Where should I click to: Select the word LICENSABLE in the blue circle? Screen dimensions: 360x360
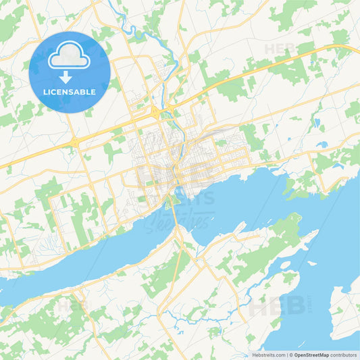tap(70, 92)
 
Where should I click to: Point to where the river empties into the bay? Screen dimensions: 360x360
tap(176, 188)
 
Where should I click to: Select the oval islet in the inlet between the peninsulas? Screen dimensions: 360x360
tap(284, 264)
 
